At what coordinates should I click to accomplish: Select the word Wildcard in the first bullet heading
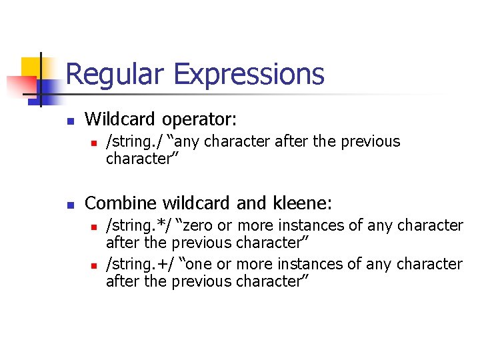point(121,120)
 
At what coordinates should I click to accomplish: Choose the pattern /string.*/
point(139,226)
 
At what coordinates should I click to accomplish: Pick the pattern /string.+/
point(140,265)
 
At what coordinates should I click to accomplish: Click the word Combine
point(118,203)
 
